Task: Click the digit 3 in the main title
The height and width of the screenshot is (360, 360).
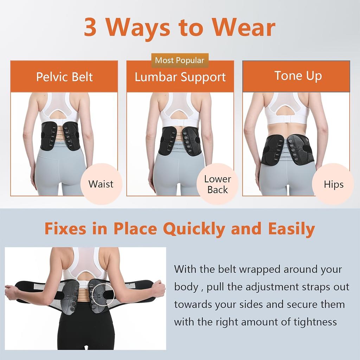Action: coord(91,28)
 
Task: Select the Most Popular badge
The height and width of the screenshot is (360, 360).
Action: coord(180,60)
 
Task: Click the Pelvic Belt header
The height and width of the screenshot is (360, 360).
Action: coord(64,76)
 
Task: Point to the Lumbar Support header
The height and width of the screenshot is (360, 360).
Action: coord(180,77)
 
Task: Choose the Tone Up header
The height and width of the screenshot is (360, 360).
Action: coord(298,76)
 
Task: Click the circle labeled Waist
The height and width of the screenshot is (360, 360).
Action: coord(101,184)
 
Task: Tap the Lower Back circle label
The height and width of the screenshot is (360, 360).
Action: coord(218,184)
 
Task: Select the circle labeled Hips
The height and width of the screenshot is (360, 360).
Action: coord(333,184)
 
